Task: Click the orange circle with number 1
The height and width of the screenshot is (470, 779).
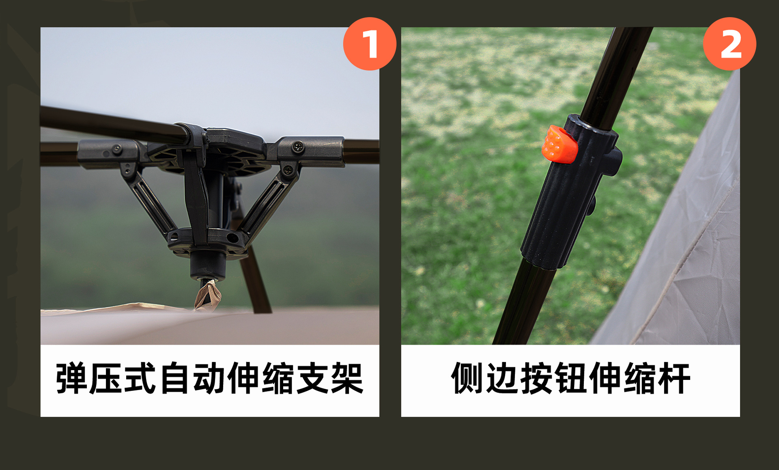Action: click(x=369, y=44)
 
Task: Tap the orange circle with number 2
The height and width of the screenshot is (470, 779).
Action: click(x=730, y=44)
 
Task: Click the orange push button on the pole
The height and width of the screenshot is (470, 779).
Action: click(x=559, y=144)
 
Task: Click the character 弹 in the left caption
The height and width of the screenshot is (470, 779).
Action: click(x=71, y=378)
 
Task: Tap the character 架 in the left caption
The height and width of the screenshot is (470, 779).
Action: click(x=347, y=378)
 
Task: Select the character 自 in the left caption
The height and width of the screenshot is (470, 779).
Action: click(x=175, y=378)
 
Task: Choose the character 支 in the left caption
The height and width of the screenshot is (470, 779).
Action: click(x=313, y=378)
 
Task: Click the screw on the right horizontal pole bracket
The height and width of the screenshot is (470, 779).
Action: click(x=298, y=147)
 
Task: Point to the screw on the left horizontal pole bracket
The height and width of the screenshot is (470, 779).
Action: click(x=117, y=149)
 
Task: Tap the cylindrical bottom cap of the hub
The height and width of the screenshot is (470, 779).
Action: click(x=208, y=265)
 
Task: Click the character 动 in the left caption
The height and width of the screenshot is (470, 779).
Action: click(x=209, y=378)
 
